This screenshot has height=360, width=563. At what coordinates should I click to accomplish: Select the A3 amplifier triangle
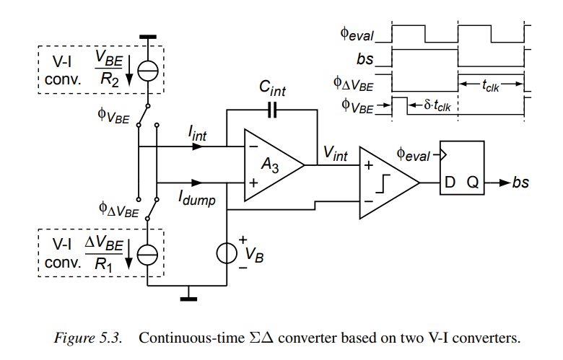(271, 165)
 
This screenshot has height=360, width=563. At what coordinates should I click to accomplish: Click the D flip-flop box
(462, 168)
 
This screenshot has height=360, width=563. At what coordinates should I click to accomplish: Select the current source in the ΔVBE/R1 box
(148, 255)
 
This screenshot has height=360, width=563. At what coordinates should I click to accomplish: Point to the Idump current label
(198, 200)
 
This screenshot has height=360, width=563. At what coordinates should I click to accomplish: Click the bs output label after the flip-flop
(520, 183)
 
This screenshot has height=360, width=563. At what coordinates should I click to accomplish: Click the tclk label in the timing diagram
(492, 85)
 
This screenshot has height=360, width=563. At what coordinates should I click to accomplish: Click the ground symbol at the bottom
(188, 291)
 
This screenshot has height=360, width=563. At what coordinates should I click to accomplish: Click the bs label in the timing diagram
(366, 58)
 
